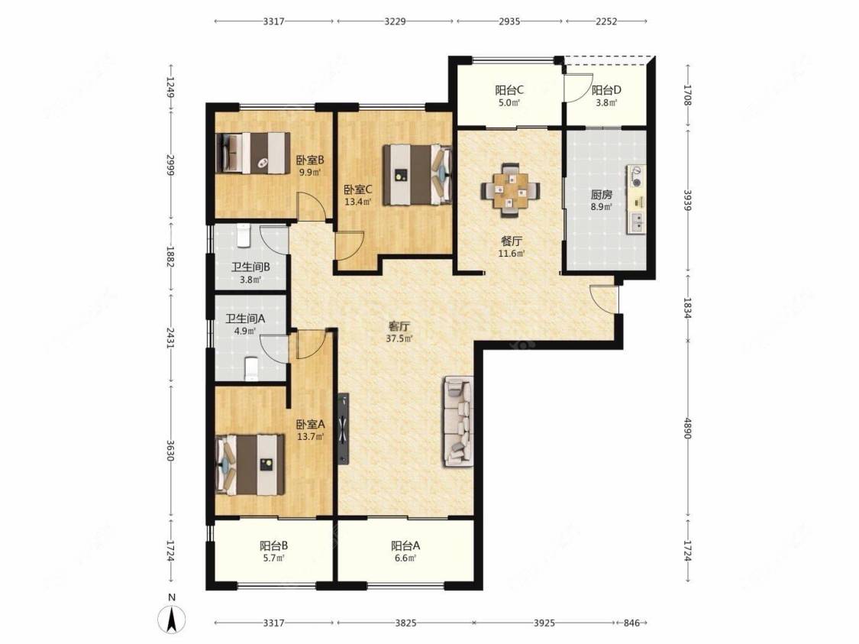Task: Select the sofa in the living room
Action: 459,421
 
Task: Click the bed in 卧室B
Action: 253,152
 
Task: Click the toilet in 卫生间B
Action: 244,235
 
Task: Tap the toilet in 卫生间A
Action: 251,369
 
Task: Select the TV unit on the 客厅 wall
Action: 344,429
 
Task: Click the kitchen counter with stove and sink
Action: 637,199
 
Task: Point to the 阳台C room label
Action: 509,90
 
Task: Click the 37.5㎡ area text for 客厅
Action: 399,338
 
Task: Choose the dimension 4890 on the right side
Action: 688,428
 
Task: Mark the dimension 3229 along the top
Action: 395,21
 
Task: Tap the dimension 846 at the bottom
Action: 631,623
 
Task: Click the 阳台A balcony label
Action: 405,546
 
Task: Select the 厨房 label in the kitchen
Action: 601,195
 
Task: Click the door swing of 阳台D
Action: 574,87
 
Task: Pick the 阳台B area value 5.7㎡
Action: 273,558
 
